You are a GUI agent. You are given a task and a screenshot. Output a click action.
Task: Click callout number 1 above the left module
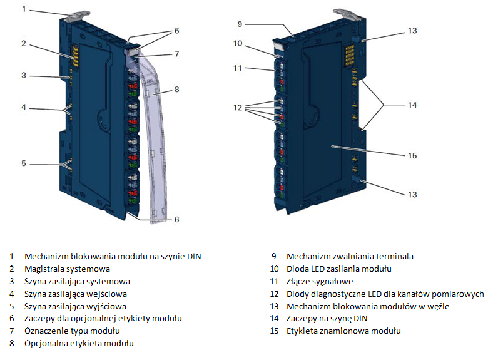tap(24, 9)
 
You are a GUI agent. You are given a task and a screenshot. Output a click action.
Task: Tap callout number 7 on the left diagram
tap(177, 54)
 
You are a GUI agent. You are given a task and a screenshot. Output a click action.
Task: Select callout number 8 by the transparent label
tap(177, 89)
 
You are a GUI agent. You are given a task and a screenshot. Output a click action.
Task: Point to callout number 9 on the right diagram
tap(240, 25)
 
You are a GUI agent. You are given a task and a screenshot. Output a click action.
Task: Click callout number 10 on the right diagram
tap(239, 43)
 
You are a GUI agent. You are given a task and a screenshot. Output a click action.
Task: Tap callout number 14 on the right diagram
tap(412, 105)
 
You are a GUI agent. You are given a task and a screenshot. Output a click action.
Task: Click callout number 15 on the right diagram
tap(412, 155)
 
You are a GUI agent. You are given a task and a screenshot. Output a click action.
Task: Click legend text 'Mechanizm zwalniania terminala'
tap(350, 257)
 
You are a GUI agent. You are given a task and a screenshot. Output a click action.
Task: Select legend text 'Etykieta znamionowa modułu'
tap(343, 331)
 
